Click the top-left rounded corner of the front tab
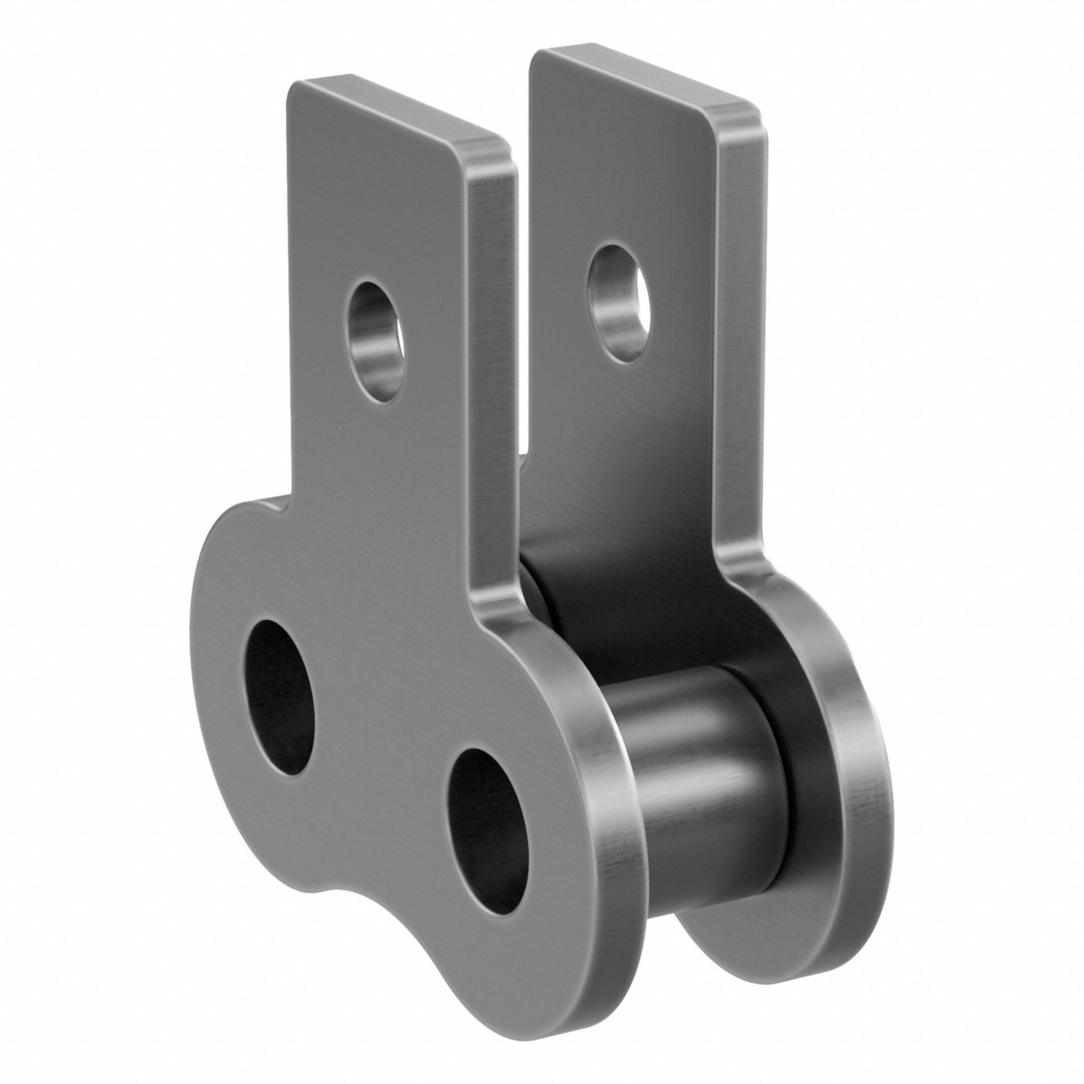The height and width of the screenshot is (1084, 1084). [x=298, y=90]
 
